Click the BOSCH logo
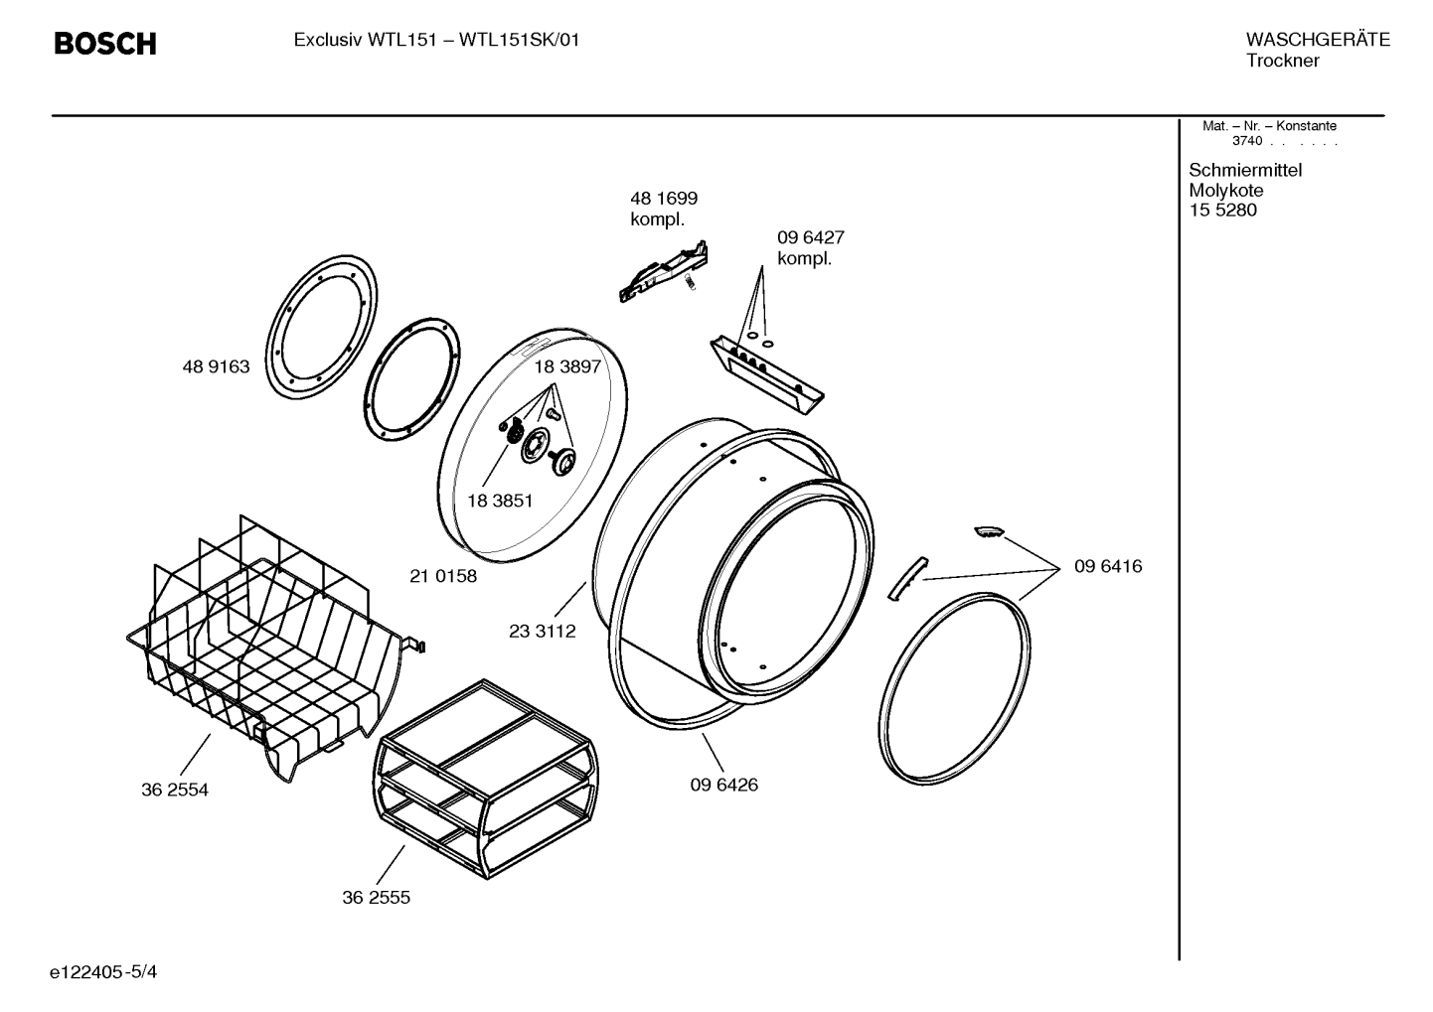(x=105, y=44)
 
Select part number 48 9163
(x=217, y=366)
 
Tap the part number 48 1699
(x=664, y=199)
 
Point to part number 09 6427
(x=811, y=237)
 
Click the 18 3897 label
(x=567, y=366)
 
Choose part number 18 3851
(x=500, y=502)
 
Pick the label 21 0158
(x=443, y=577)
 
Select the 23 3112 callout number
(x=543, y=632)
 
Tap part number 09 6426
(x=724, y=785)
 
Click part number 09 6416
(x=1108, y=566)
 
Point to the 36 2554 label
(x=175, y=791)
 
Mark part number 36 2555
(x=377, y=898)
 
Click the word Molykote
(x=1226, y=191)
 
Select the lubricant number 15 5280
(x=1223, y=211)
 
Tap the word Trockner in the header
(x=1283, y=61)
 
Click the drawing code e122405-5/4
(x=103, y=972)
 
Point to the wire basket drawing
(x=275, y=646)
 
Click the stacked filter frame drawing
(x=486, y=780)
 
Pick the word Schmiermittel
(x=1245, y=170)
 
